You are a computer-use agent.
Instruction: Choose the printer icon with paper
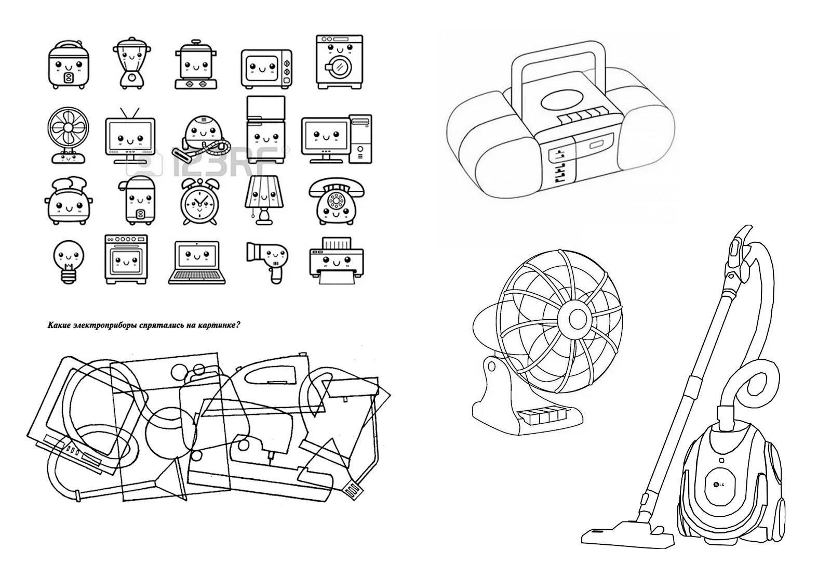click(x=336, y=260)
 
